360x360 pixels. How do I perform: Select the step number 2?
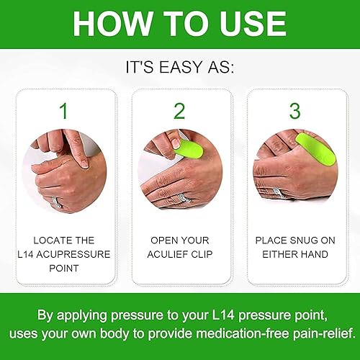[180, 112]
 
